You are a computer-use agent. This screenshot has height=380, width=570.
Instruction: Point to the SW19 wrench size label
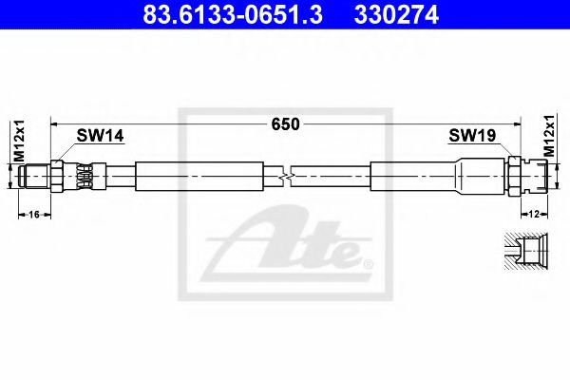471,138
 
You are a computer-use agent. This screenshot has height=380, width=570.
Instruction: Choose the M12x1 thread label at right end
550,137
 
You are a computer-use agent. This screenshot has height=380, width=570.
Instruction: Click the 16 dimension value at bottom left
34,215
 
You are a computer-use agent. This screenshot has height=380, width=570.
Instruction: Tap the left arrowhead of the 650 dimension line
55,123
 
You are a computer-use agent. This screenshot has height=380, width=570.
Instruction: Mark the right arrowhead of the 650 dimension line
517,123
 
